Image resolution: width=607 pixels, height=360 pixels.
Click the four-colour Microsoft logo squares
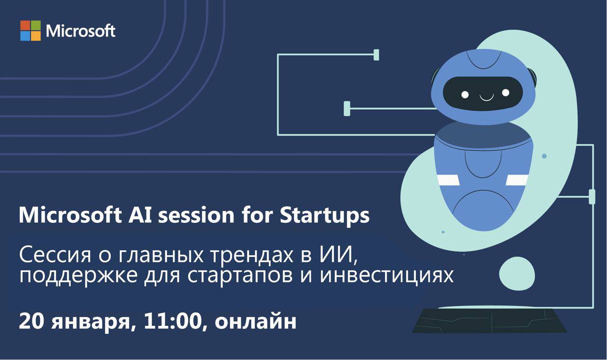coord(30,31)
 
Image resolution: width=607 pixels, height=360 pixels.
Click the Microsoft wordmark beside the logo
coord(81,31)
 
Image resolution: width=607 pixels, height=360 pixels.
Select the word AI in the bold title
coord(140,215)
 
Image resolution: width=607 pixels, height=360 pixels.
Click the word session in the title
coord(196,216)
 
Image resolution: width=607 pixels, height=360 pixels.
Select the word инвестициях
coord(386,276)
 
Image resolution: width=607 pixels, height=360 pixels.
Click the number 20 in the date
coord(31,322)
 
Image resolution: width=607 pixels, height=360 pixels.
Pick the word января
coord(92,323)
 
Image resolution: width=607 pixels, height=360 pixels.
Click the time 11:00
coord(174,322)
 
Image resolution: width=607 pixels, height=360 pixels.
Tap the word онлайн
coord(255,323)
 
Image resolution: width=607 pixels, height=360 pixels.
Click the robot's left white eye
coord(465,94)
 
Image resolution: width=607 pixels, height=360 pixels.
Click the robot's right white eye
coord(506,92)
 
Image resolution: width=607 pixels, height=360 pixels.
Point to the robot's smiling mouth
coord(487,98)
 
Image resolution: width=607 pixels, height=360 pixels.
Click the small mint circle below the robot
coord(517,274)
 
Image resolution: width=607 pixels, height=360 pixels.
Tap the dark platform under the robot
coord(489,321)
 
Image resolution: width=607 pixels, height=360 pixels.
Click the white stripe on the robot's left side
coord(448,180)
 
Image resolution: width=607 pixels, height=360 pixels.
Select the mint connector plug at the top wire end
coord(376,55)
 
